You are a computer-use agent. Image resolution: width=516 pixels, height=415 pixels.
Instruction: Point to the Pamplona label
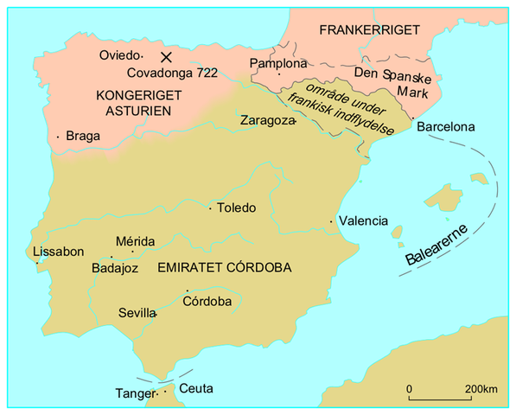click(277, 64)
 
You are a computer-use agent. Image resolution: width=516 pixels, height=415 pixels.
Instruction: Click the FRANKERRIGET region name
click(369, 29)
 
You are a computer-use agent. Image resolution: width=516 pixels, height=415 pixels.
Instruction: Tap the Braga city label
click(82, 136)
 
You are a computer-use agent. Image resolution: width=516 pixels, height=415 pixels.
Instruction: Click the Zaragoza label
click(267, 120)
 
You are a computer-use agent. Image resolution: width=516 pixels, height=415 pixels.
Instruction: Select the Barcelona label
click(446, 127)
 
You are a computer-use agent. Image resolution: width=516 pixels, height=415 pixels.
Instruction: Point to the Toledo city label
click(236, 208)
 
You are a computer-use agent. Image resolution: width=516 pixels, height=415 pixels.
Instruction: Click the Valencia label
click(363, 220)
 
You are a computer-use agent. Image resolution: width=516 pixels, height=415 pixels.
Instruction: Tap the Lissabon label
click(58, 252)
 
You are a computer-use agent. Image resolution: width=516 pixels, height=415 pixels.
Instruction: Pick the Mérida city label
click(135, 241)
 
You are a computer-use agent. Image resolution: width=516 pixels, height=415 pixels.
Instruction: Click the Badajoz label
click(115, 269)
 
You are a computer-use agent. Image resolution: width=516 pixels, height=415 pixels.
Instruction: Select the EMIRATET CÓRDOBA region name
click(225, 268)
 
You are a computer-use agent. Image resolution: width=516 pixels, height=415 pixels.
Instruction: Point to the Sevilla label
click(137, 313)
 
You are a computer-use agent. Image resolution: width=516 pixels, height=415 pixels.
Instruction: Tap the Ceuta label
click(196, 389)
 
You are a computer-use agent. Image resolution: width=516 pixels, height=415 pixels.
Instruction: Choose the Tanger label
click(133, 394)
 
